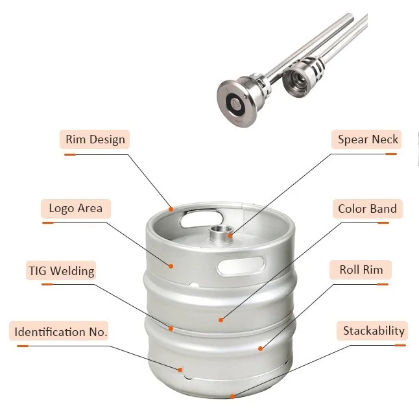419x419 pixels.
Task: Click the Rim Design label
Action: pos(95,139)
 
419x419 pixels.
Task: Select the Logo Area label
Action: pos(76,209)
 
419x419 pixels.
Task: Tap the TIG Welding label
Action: pos(61,270)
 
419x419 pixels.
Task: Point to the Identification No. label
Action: pos(62,332)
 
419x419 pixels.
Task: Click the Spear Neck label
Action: pos(368,139)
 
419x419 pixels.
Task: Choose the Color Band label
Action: pos(368,209)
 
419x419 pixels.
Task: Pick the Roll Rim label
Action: pos(361,270)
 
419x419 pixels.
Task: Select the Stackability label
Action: pos(374,331)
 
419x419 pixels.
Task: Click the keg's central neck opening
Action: pos(221,232)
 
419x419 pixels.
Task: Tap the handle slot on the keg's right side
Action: pos(241,265)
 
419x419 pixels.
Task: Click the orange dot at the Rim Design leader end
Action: pos(171,209)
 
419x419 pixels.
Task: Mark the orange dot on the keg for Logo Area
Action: pos(172,265)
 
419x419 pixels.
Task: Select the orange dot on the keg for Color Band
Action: pos(221,319)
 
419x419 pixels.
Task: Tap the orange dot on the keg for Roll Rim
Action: pos(260,348)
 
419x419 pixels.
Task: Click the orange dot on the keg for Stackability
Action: pos(233,396)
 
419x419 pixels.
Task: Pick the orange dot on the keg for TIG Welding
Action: pos(171,328)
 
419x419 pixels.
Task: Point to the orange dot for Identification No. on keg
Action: pos(181,370)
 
